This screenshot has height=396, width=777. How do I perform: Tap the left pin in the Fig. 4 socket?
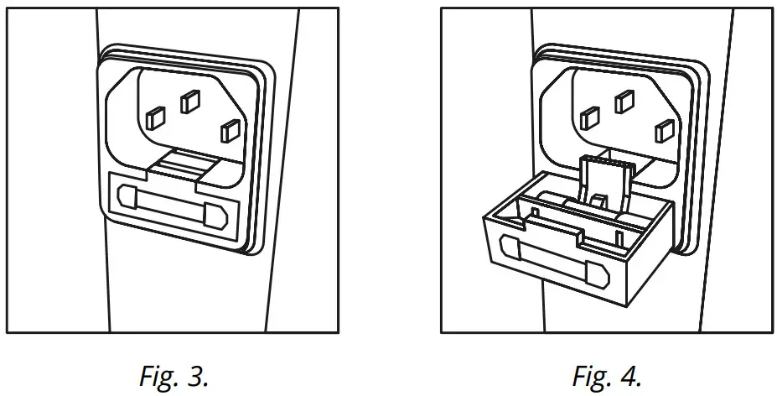[589, 117]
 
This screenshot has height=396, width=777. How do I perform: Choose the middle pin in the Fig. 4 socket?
[624, 102]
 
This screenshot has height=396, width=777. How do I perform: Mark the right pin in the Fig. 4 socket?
[664, 130]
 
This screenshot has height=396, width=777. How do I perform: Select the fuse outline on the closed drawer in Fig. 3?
[172, 206]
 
